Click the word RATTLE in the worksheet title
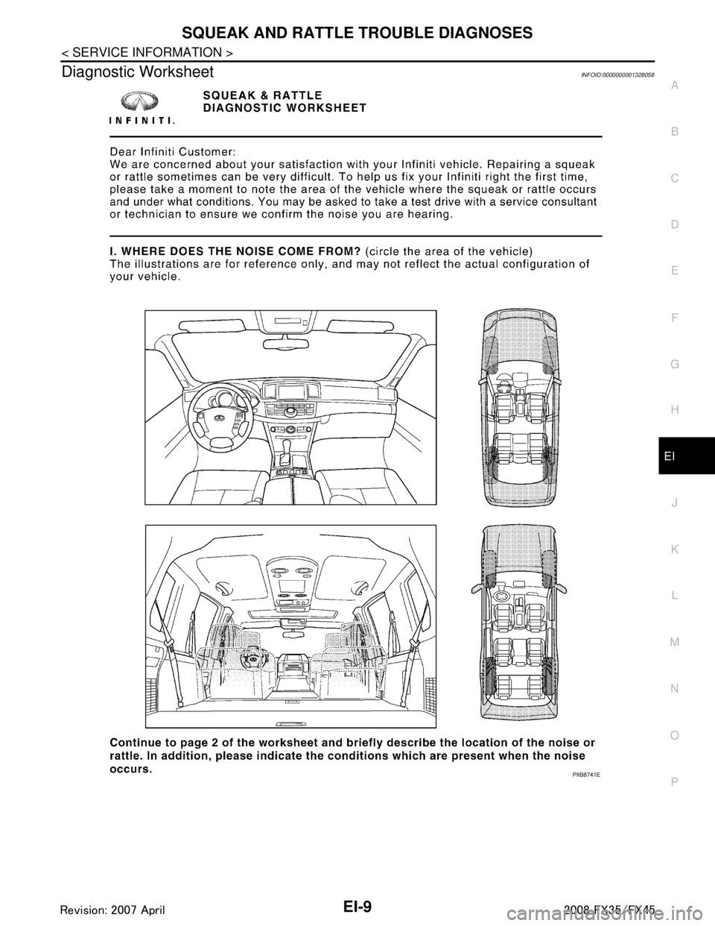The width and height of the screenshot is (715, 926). click(x=298, y=95)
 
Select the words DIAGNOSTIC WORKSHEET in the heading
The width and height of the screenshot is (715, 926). click(x=283, y=107)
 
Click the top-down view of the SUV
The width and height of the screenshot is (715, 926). click(x=520, y=624)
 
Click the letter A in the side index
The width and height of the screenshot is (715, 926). click(x=673, y=86)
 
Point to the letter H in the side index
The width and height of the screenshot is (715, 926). click(x=673, y=409)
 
